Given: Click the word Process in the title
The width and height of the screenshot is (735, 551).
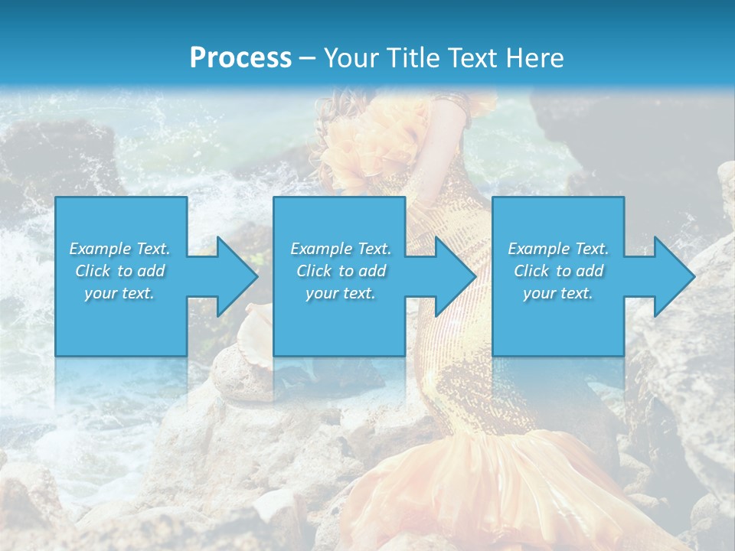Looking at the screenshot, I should click(240, 58).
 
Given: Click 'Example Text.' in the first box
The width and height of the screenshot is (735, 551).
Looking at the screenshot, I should click(119, 249).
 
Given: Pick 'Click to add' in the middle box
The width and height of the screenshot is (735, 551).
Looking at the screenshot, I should click(341, 271).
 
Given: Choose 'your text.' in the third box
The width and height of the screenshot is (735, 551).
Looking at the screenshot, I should click(557, 293).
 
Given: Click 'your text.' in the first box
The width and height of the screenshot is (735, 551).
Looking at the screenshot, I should click(119, 293).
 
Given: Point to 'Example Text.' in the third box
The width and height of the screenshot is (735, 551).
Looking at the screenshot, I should click(557, 249).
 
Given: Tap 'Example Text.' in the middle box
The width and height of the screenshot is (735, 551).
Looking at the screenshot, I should click(341, 249).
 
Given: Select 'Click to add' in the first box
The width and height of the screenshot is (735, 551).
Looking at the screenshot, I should click(119, 271).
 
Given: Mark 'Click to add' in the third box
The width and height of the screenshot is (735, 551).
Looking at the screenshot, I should click(557, 271).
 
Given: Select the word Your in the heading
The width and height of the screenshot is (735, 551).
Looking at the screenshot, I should click(349, 58).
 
